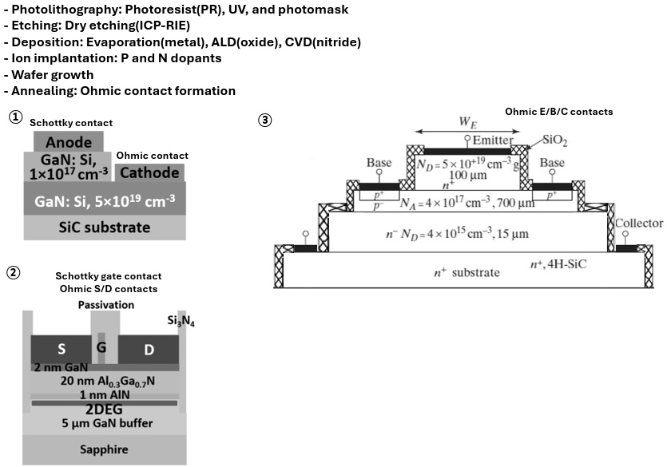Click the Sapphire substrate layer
click(x=103, y=449)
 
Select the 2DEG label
click(x=103, y=409)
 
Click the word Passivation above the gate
click(x=105, y=305)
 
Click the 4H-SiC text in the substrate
click(x=562, y=264)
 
